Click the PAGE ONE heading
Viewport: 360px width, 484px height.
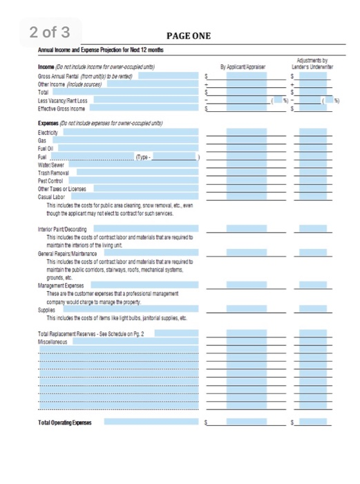(x=189, y=36)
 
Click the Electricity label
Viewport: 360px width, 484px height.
(x=50, y=131)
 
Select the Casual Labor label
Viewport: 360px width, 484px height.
(x=52, y=196)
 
